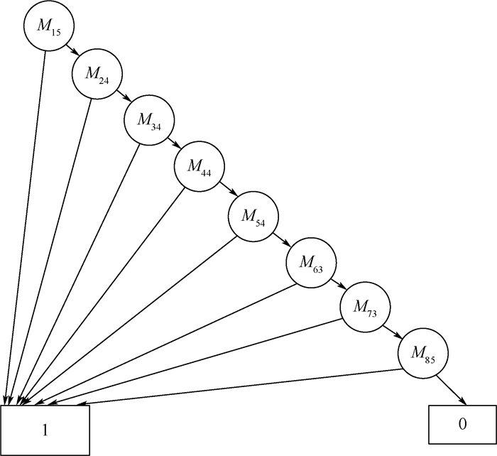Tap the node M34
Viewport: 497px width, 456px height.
pyautogui.click(x=149, y=119)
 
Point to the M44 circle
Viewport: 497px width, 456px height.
pyautogui.click(x=200, y=168)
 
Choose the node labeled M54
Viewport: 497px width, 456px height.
pyautogui.click(x=253, y=215)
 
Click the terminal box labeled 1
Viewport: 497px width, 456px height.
pyautogui.click(x=45, y=429)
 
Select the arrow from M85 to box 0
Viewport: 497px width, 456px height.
pyautogui.click(x=454, y=390)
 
